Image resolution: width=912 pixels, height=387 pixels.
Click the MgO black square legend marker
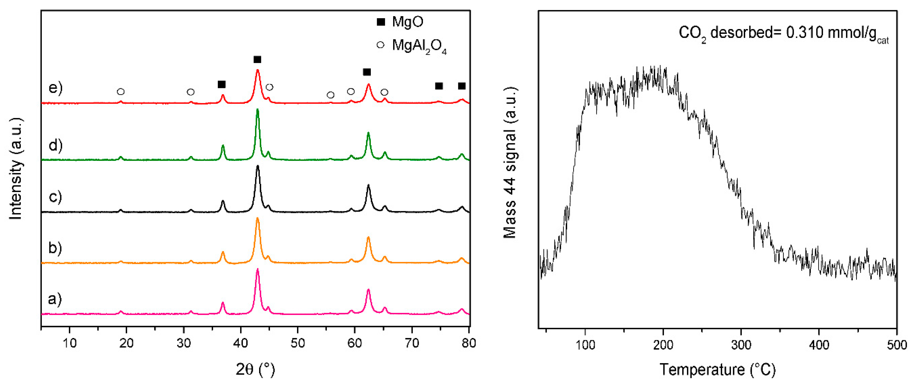[x=380, y=22]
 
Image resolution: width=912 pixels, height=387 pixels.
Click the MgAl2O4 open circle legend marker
[x=380, y=45]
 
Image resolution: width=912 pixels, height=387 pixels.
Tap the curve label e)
[x=55, y=87]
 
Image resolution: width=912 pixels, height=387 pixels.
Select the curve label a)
[x=55, y=299]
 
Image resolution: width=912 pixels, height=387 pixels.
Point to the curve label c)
[x=55, y=196]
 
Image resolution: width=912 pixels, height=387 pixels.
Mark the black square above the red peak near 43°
[x=257, y=59]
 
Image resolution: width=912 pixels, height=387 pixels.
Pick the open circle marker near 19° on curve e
[x=121, y=92]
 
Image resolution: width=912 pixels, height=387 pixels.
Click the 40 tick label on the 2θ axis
[x=240, y=343]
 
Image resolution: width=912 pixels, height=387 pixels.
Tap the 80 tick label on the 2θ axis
[x=469, y=343]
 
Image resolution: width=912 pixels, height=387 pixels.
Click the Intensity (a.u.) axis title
[x=16, y=168]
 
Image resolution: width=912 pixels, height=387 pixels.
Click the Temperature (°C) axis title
[x=717, y=370]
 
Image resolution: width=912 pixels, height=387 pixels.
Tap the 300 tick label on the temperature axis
[x=741, y=345]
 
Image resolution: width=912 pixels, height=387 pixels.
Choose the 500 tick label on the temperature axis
[x=896, y=345]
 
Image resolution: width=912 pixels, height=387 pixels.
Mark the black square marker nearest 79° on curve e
[x=462, y=86]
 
